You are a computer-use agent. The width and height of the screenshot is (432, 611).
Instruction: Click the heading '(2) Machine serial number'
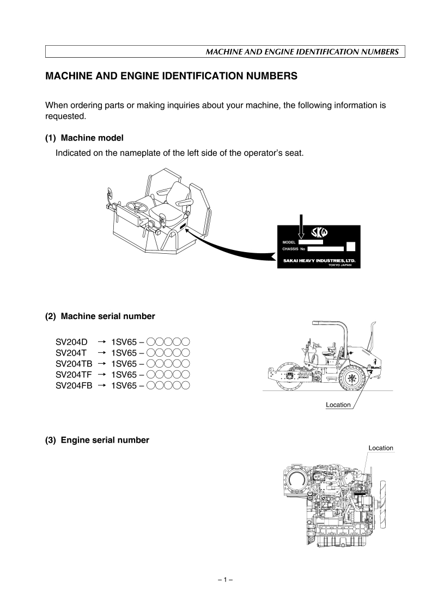point(100,316)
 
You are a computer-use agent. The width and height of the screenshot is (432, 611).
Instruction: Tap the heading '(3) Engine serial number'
point(97,440)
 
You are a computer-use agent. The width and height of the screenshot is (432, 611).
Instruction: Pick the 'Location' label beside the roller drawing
point(338,405)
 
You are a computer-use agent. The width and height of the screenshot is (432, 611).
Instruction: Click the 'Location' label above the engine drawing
point(381,448)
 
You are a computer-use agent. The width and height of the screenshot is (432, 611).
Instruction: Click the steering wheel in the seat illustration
point(137,206)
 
